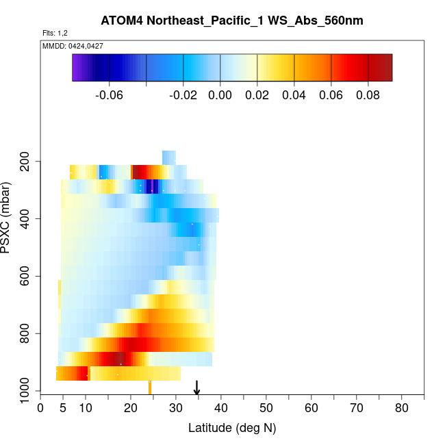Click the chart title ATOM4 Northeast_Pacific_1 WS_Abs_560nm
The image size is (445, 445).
[x=232, y=21]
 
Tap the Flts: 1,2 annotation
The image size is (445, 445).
[x=55, y=33]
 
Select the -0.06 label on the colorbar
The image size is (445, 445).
[x=110, y=95]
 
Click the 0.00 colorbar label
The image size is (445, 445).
[x=220, y=95]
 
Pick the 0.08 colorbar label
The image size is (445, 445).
[x=368, y=95]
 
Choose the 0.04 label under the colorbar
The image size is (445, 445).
[x=294, y=95]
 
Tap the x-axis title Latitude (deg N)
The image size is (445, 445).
[x=232, y=429]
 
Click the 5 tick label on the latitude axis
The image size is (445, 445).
[x=63, y=409]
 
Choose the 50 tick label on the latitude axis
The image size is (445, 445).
[x=266, y=409]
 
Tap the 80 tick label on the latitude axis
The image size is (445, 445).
[x=402, y=409]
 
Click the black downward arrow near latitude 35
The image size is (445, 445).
[x=197, y=388]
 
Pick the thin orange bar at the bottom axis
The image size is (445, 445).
[x=150, y=387]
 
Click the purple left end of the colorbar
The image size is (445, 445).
[x=77, y=67]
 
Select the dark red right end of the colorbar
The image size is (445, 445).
[x=387, y=67]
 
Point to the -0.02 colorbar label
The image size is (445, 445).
[x=183, y=95]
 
